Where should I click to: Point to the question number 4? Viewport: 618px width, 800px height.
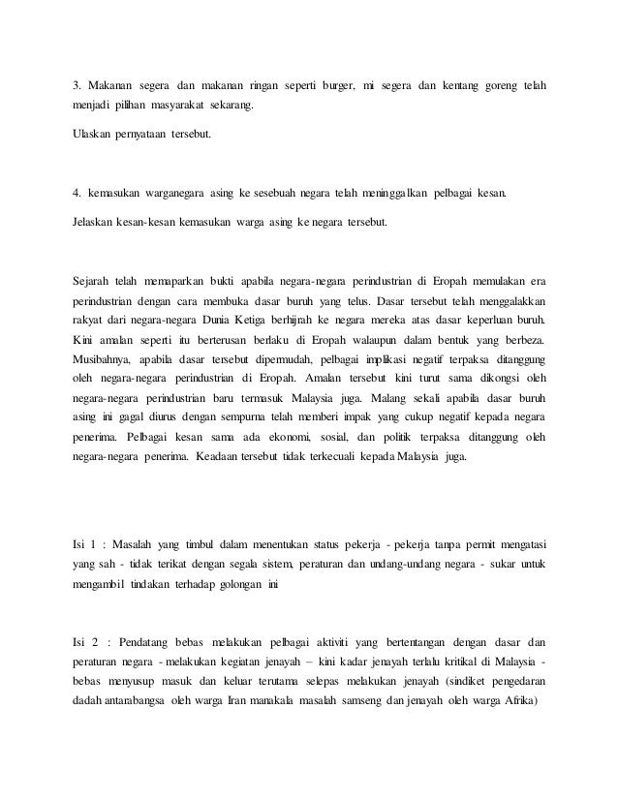[77, 194]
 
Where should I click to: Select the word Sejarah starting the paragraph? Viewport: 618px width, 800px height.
[93, 281]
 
